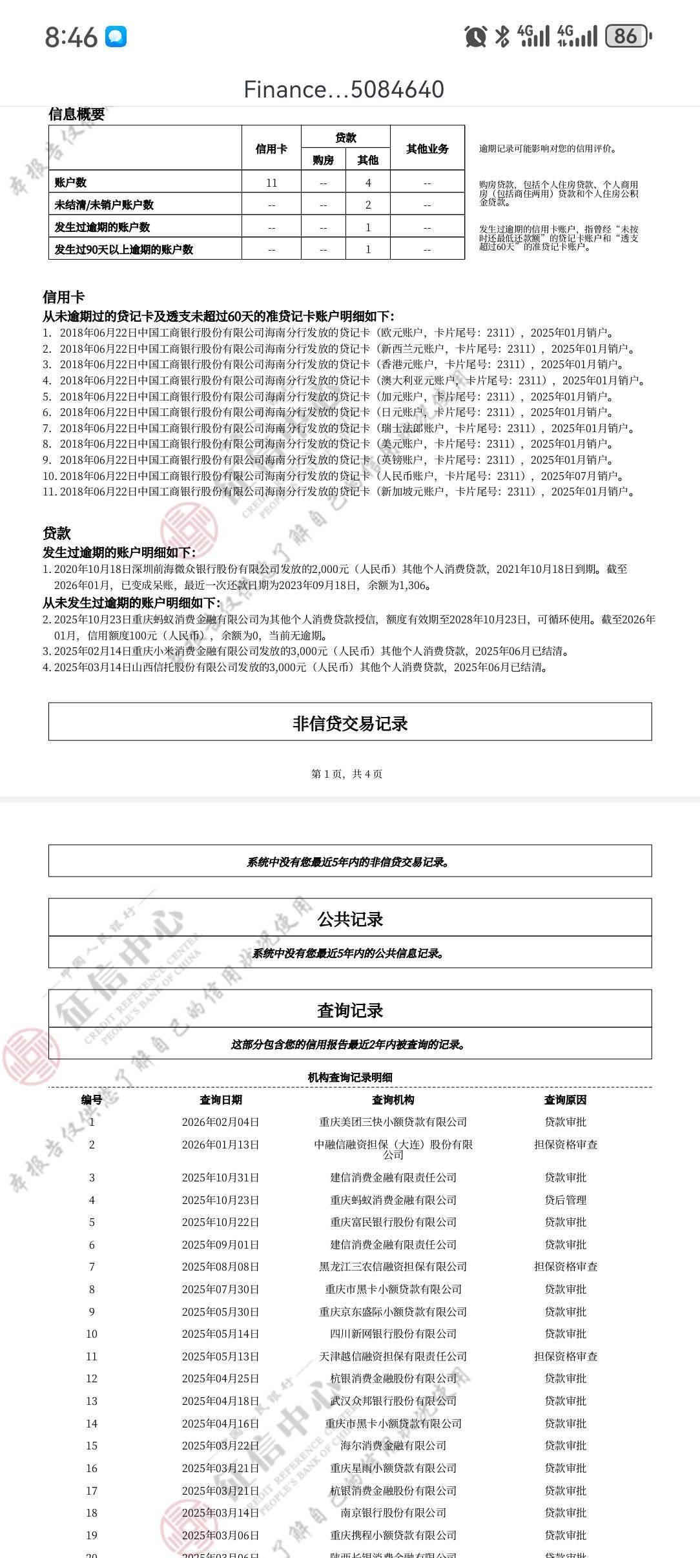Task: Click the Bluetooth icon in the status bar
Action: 502,36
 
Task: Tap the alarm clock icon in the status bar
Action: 475,36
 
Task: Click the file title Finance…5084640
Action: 344,90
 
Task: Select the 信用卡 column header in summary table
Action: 271,149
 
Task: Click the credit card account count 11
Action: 271,183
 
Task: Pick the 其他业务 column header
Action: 427,149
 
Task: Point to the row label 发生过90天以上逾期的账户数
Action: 124,249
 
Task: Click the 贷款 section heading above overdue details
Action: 57,533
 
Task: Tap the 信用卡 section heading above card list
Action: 63,297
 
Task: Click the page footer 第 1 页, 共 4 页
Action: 347,774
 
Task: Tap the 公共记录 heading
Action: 350,919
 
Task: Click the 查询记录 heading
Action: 350,1010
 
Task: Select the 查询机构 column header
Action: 393,1099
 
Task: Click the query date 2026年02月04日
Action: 220,1122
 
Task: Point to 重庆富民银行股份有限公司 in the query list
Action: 393,1221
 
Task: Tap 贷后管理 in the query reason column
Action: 565,1200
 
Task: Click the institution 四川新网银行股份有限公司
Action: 393,1333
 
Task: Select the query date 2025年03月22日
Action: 220,1445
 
